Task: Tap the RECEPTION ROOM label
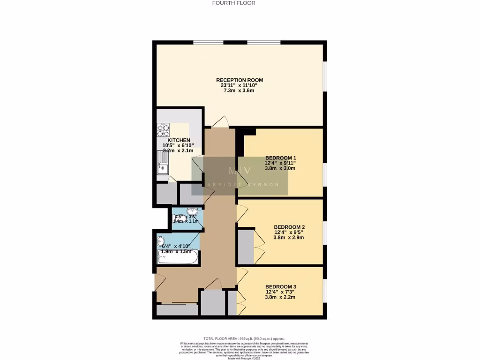pyautogui.click(x=240, y=80)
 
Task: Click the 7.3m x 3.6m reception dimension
pyautogui.click(x=240, y=91)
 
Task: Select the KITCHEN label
pyautogui.click(x=179, y=140)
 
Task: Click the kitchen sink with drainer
pyautogui.click(x=162, y=165)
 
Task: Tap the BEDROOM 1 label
pyautogui.click(x=280, y=157)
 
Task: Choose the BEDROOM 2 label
pyautogui.click(x=289, y=226)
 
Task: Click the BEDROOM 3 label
pyautogui.click(x=280, y=286)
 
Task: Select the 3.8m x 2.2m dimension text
pyautogui.click(x=280, y=297)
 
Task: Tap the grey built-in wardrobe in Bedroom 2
pyautogui.click(x=245, y=247)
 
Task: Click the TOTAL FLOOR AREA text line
pyautogui.click(x=244, y=338)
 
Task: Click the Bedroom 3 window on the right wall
pyautogui.click(x=324, y=291)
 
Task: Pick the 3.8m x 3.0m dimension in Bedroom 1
pyautogui.click(x=280, y=168)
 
